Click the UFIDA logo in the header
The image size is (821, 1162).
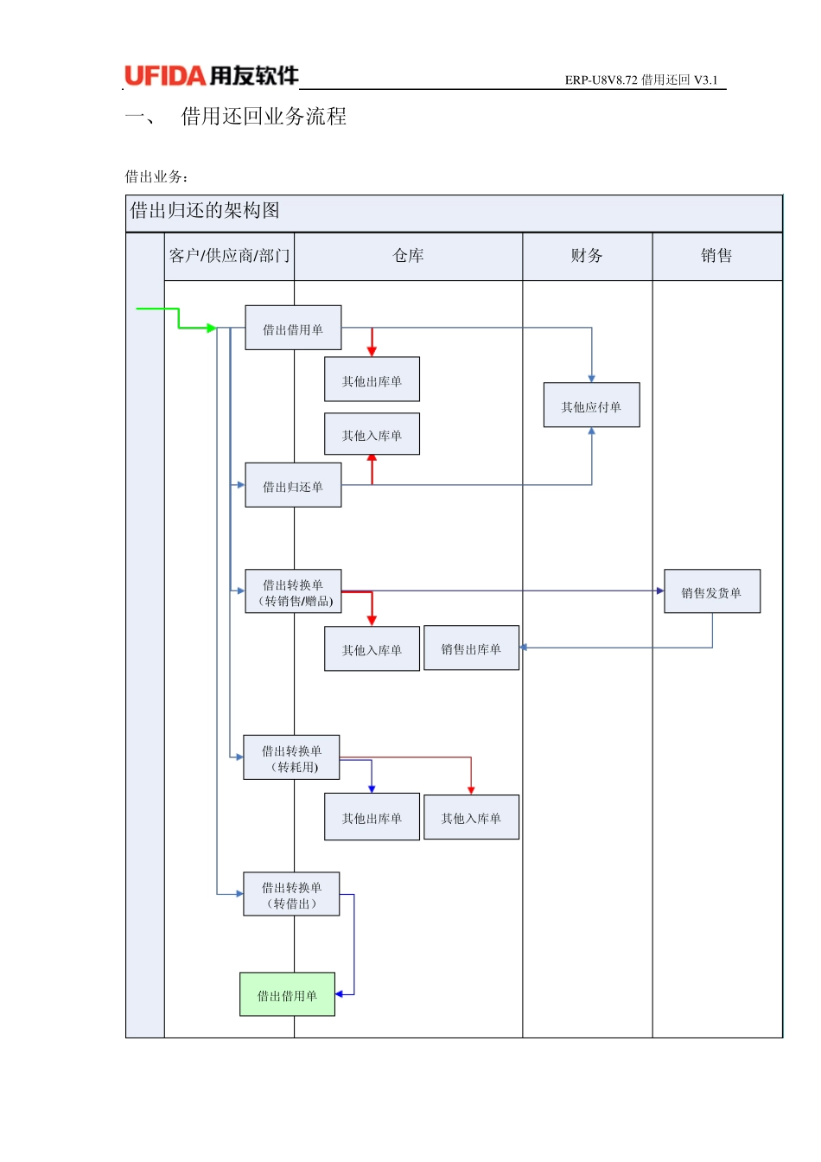212,76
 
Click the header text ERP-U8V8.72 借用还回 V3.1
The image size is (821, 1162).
640,80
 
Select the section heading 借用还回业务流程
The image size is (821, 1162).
263,117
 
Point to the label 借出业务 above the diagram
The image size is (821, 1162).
156,176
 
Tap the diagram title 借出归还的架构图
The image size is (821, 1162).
205,211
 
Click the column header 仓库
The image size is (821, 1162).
408,256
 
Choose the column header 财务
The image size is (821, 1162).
587,256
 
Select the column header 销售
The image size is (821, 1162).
716,256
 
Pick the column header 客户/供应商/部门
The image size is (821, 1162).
229,256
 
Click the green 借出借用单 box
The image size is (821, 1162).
287,995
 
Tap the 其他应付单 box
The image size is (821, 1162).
591,405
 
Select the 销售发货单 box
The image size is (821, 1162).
711,592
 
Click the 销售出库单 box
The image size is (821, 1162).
471,648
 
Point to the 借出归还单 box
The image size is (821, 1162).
293,486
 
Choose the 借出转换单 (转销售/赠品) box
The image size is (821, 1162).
293,592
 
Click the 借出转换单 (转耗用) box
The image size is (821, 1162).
291,758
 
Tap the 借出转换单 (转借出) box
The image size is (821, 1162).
291,895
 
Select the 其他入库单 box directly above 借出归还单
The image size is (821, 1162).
372,435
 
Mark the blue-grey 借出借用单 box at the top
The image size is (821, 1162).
293,329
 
